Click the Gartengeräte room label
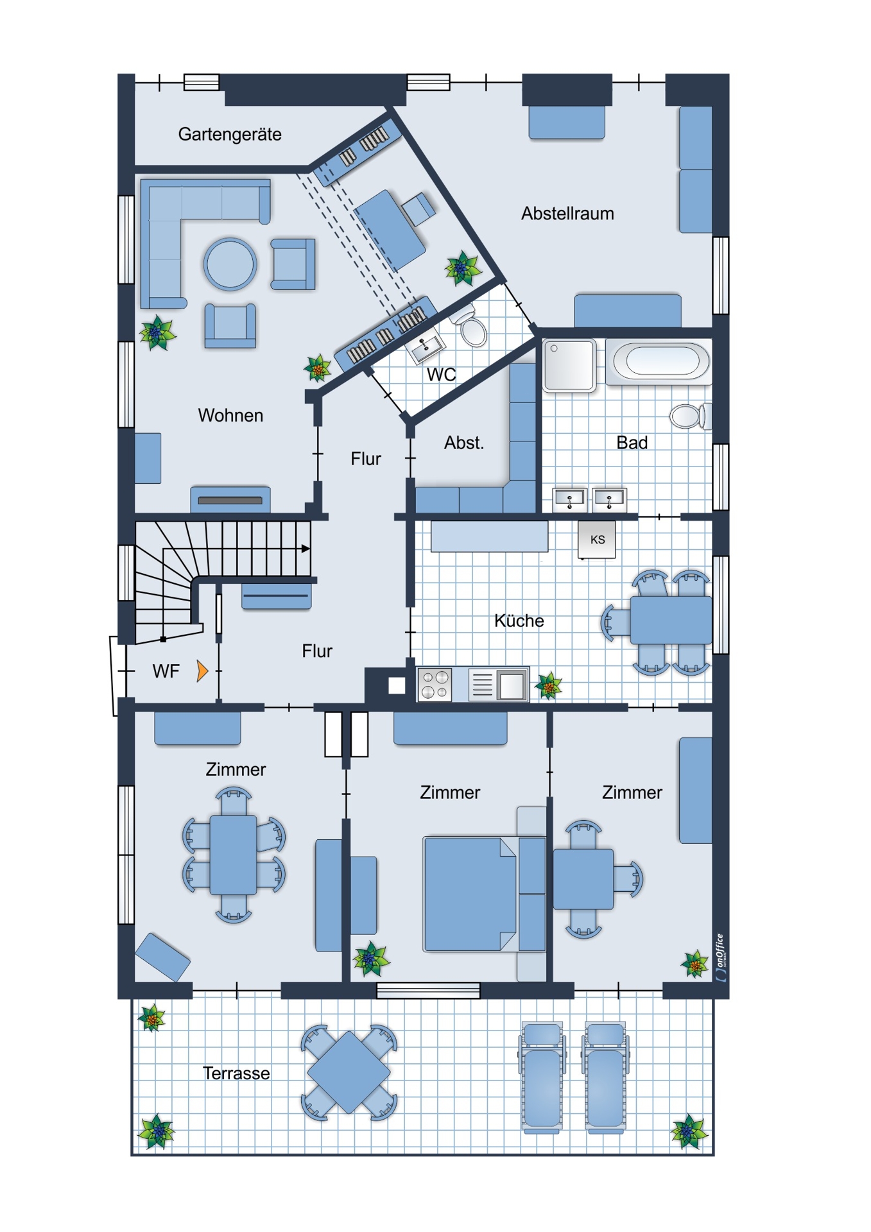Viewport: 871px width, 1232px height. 230,135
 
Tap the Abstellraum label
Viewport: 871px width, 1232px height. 567,213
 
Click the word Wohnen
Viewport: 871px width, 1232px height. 230,415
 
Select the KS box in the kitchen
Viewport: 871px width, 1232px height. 597,539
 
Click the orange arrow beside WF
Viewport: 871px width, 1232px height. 202,671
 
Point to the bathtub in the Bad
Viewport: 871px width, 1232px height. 659,361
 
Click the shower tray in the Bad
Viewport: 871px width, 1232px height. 569,364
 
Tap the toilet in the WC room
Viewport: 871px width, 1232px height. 470,327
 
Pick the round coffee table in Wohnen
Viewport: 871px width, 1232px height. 230,264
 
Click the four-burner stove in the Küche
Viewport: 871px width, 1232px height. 435,684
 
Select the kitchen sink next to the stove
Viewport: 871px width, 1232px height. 498,684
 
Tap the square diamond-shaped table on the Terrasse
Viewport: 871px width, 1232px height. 349,1072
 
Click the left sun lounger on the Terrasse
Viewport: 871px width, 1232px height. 542,1077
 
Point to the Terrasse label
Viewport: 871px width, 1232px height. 236,1073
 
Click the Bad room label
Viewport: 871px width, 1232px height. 632,443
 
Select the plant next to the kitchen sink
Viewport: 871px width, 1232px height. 549,685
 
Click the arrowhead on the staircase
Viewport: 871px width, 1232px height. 306,549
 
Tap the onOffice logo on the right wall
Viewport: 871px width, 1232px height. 720,957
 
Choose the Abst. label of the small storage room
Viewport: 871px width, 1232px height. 464,443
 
